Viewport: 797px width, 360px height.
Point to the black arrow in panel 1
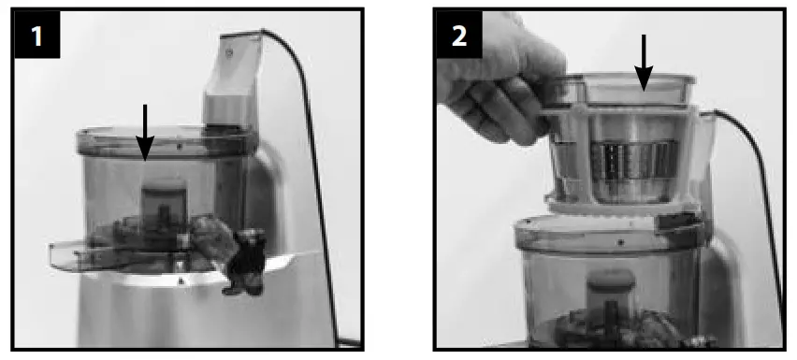[144, 132]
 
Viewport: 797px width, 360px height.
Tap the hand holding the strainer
[486, 79]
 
